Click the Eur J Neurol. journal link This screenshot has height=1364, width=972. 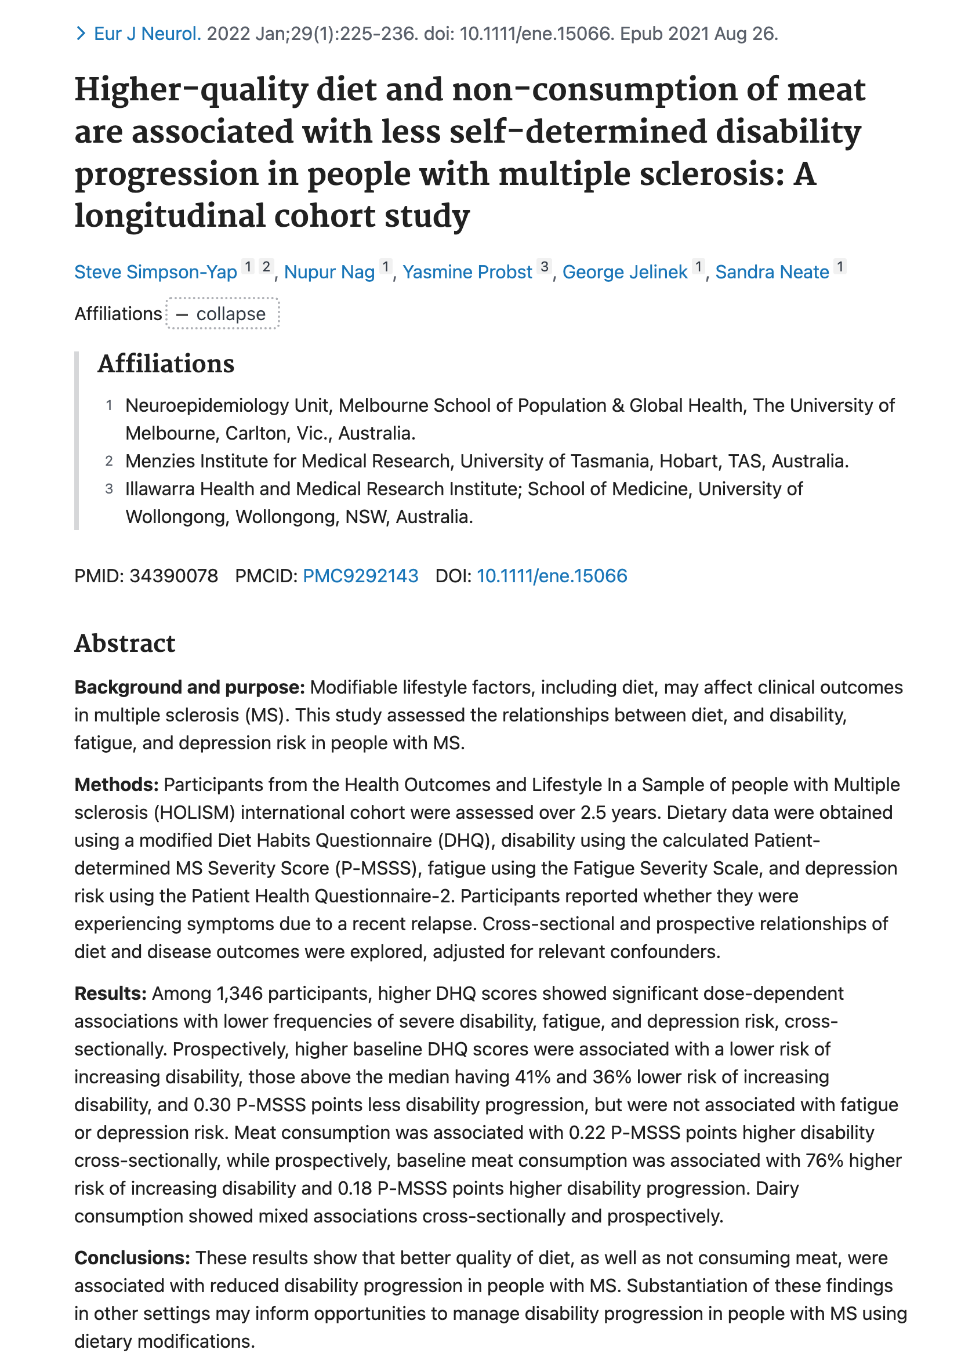coord(147,34)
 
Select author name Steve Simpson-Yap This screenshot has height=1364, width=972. coord(155,273)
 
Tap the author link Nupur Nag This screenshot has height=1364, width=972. coord(329,273)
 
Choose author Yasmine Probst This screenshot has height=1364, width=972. coord(467,273)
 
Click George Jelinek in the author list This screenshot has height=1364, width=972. coord(625,273)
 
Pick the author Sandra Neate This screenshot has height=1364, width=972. coord(772,273)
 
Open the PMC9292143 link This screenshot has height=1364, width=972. coord(360,576)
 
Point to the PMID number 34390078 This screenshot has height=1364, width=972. coord(173,576)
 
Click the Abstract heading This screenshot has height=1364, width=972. coord(125,643)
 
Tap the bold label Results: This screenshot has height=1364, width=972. coord(110,993)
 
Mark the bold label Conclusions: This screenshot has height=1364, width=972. coord(132,1258)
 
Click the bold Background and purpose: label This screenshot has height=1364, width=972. coord(189,687)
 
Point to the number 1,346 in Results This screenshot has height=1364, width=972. coord(240,993)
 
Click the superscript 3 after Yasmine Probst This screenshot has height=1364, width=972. coord(545,267)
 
